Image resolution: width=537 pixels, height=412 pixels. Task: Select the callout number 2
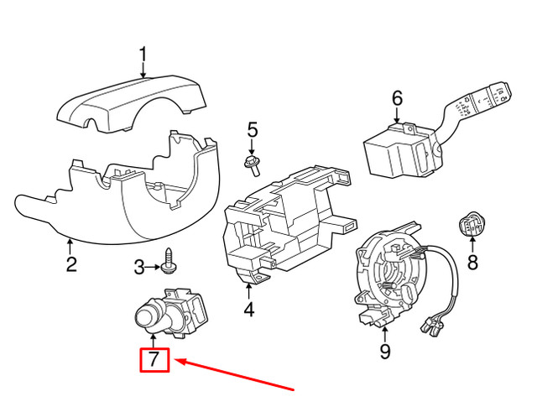(x=71, y=264)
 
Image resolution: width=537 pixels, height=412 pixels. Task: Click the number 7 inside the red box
(x=154, y=361)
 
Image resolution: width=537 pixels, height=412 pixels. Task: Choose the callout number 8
(x=471, y=263)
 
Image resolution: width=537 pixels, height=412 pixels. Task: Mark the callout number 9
(x=385, y=352)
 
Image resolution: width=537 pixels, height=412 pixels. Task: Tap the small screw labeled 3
(x=170, y=263)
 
